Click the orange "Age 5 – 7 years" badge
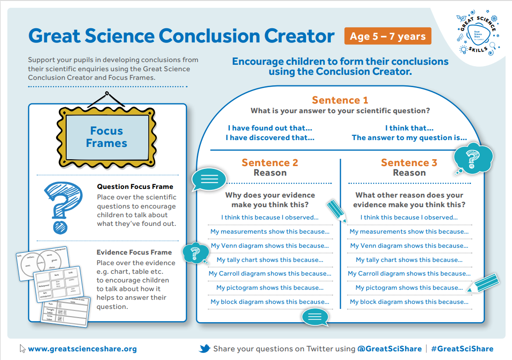click(x=387, y=37)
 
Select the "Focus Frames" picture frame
click(x=106, y=137)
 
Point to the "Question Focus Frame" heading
click(x=135, y=187)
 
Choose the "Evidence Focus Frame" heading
click(x=134, y=252)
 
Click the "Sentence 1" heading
click(x=340, y=100)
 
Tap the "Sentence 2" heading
click(x=270, y=163)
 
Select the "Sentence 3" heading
click(x=409, y=163)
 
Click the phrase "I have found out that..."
click(x=270, y=128)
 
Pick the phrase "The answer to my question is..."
click(x=409, y=138)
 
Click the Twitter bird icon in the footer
click(x=204, y=349)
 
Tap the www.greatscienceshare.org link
click(x=82, y=349)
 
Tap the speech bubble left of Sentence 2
click(x=209, y=179)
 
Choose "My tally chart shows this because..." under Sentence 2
click(x=270, y=260)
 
